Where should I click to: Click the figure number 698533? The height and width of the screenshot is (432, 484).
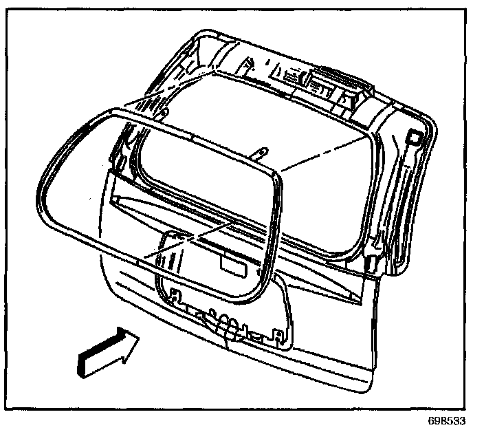(x=455, y=418)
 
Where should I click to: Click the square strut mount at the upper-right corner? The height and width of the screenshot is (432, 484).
(x=415, y=138)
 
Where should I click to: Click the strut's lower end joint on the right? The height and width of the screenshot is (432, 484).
(x=371, y=261)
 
